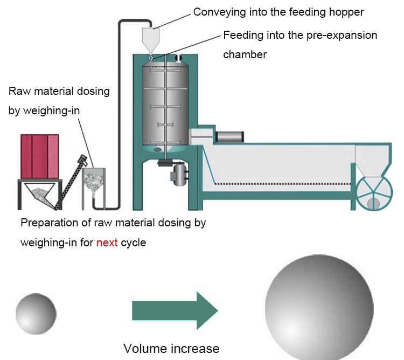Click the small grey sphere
[36, 312]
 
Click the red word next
[107, 243]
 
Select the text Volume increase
[171, 348]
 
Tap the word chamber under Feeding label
[245, 54]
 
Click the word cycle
[133, 243]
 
